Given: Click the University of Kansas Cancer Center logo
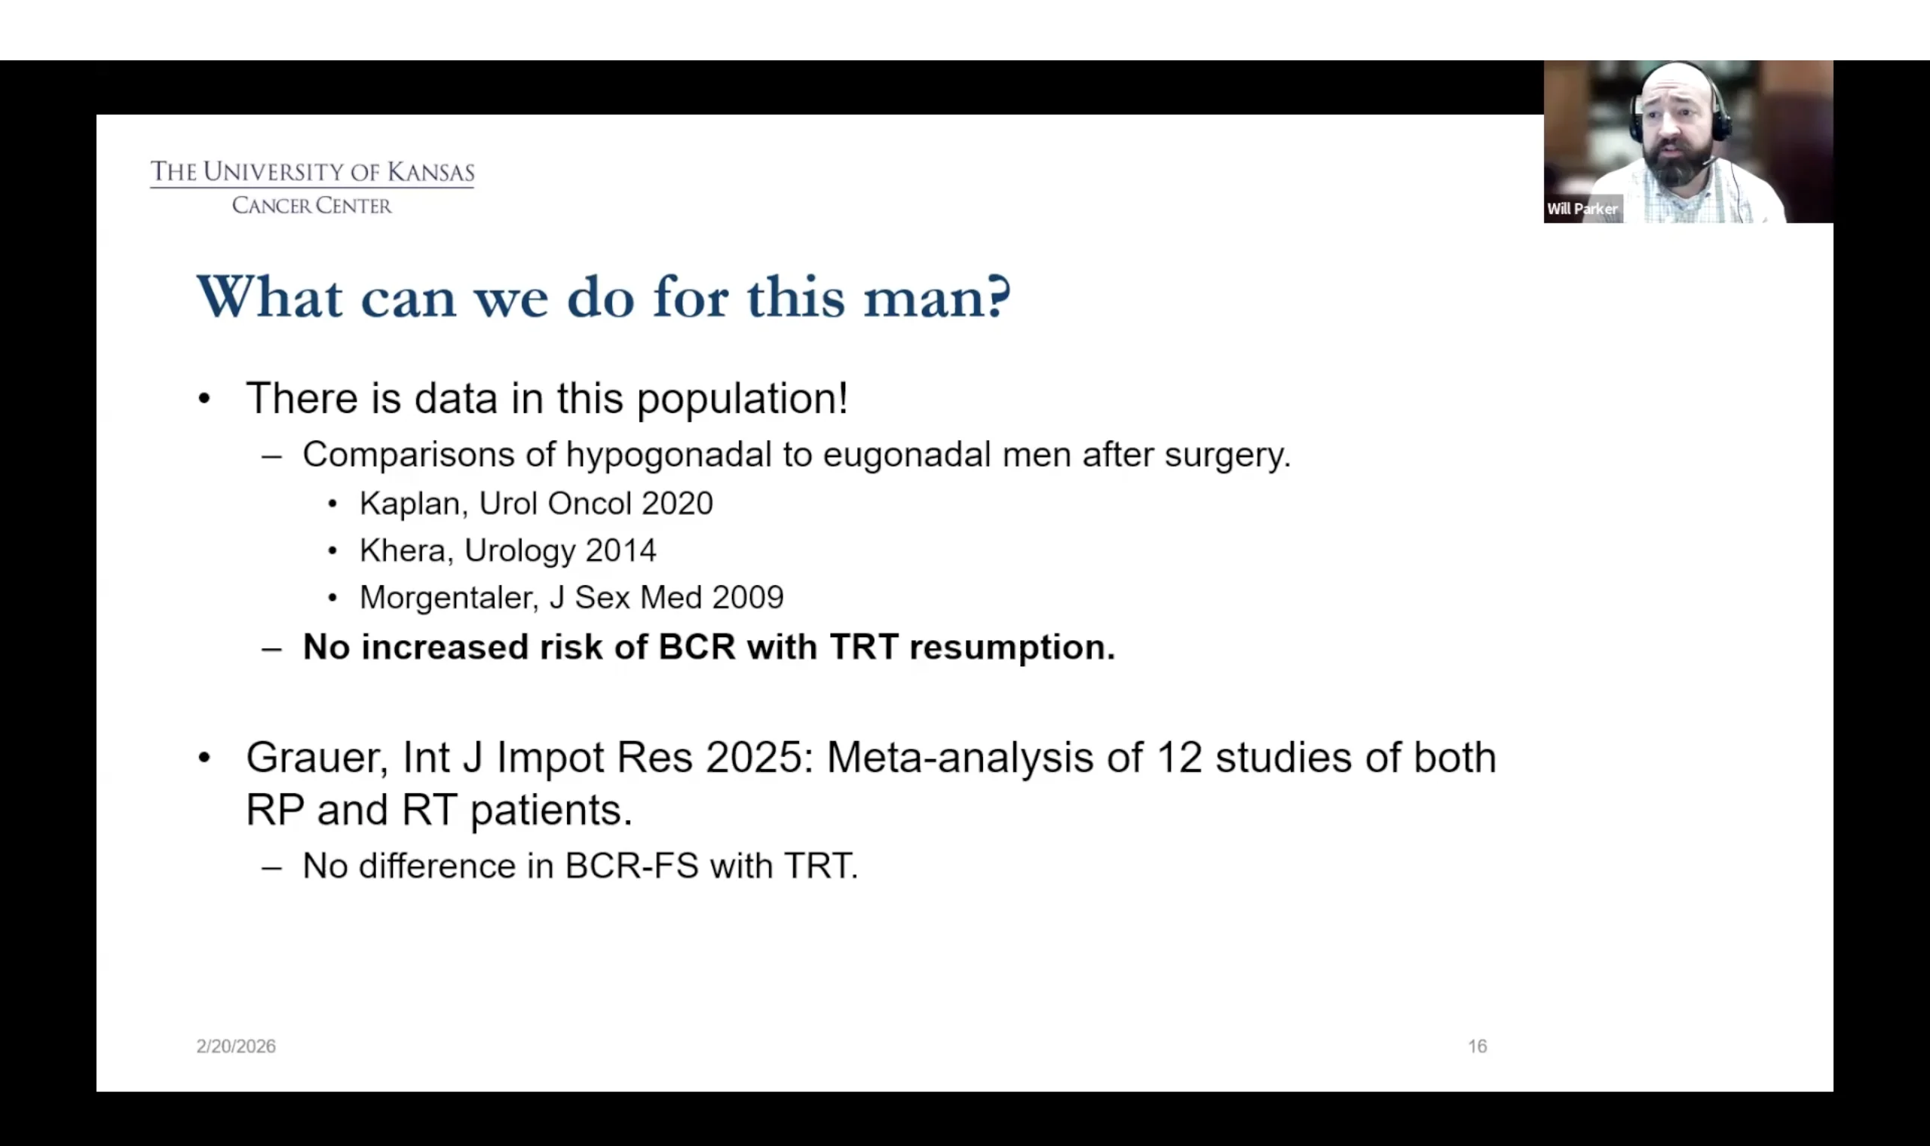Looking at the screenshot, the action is (x=312, y=187).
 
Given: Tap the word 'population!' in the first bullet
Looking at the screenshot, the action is (x=743, y=400).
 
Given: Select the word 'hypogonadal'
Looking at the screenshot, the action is (x=669, y=455).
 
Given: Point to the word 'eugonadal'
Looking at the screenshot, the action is (x=906, y=455).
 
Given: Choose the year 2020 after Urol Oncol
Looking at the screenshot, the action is (x=677, y=504).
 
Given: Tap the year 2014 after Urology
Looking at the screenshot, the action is (x=620, y=550).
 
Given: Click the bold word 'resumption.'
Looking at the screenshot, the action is (x=1012, y=648).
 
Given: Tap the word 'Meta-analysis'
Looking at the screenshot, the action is (x=960, y=758).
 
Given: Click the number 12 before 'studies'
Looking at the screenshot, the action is (x=1179, y=758).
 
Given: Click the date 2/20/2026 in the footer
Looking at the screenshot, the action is (x=235, y=1046).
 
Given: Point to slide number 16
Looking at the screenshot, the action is (x=1477, y=1046).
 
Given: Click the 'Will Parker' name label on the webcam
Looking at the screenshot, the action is (x=1582, y=209).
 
